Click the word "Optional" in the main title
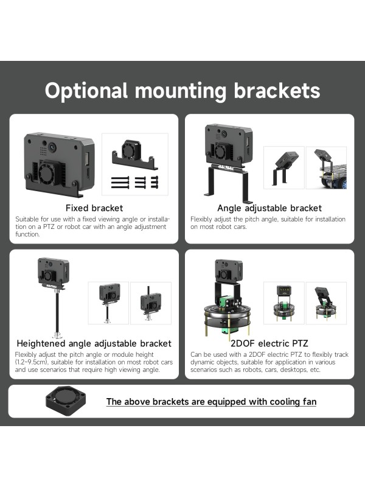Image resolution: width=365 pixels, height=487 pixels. tap(86, 91)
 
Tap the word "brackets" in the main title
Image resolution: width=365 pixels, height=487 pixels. tap(277, 90)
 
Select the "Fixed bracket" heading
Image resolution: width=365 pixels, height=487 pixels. tap(94, 208)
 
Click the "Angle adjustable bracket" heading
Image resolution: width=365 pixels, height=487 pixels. tap(269, 208)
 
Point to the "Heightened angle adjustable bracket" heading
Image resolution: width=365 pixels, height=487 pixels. tap(94, 343)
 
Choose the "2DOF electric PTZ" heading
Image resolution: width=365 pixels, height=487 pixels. tap(269, 343)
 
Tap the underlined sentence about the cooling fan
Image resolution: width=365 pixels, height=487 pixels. tap(211, 402)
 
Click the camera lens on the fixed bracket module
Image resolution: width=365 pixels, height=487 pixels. tap(52, 145)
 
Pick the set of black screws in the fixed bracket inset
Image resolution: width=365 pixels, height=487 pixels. tap(134, 182)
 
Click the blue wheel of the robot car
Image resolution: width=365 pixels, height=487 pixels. tap(344, 183)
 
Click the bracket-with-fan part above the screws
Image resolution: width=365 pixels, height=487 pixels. tap(134, 155)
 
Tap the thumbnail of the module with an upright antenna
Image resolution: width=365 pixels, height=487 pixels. tap(150, 303)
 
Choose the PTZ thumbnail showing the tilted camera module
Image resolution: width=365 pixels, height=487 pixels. tap(326, 303)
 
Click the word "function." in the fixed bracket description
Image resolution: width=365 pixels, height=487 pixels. tap(27, 234)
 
